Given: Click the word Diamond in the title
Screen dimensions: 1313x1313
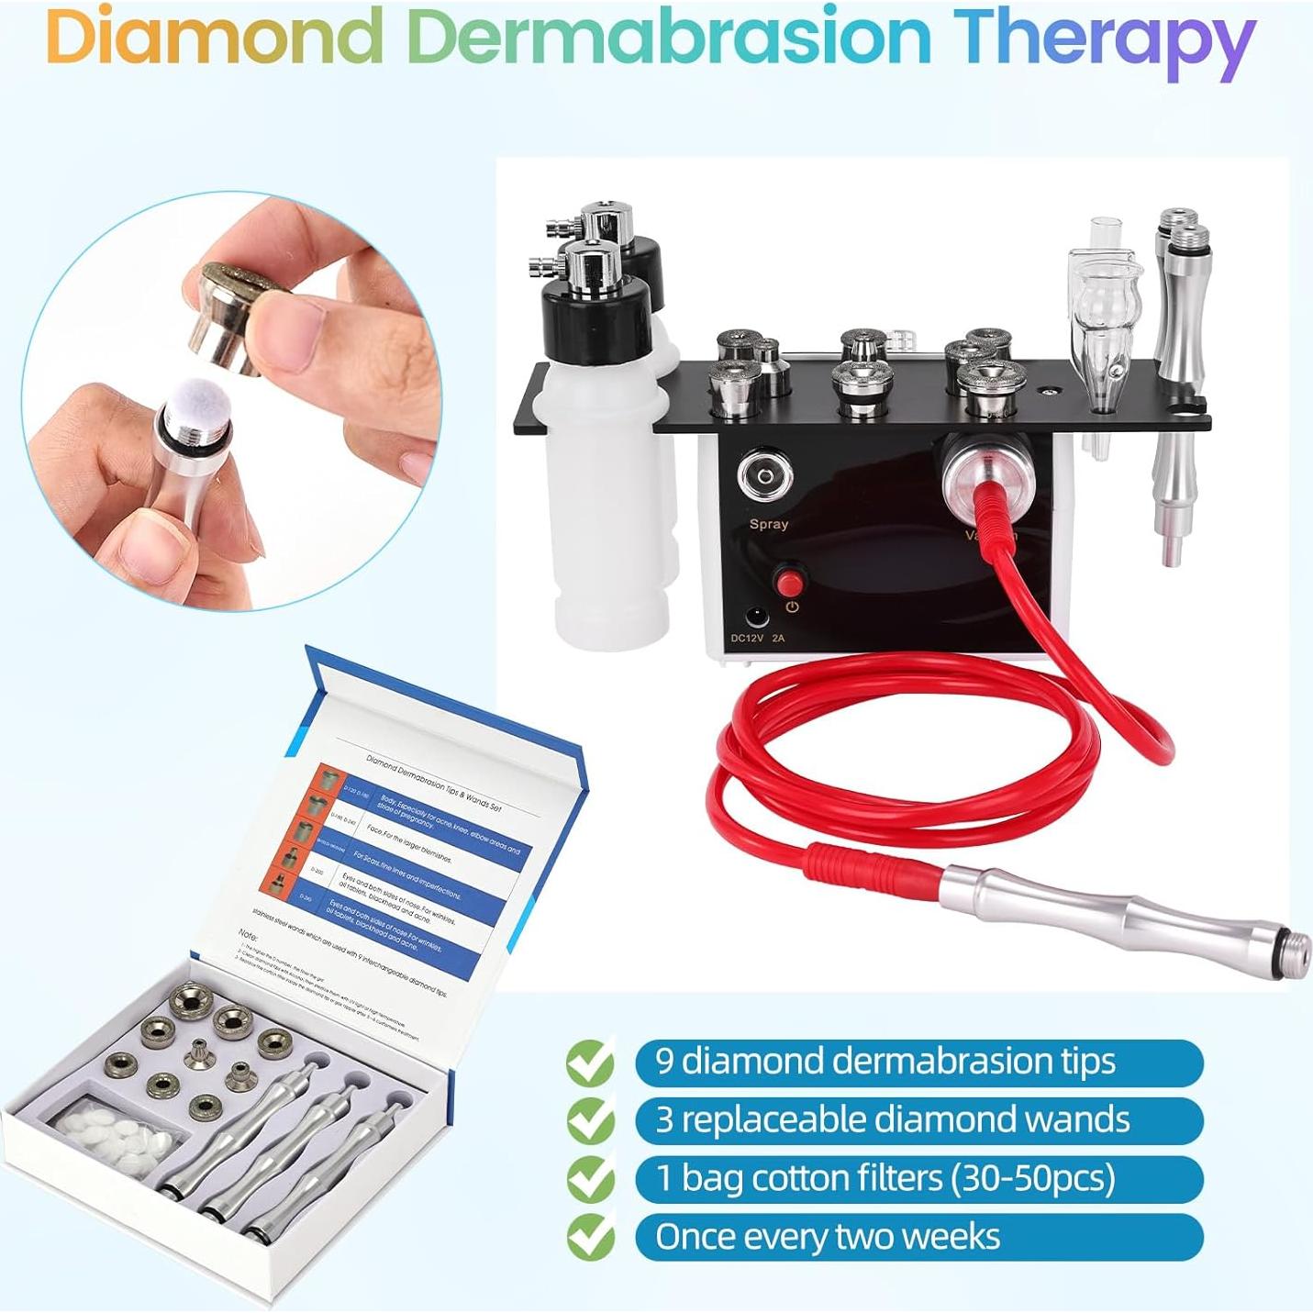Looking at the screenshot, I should [x=214, y=37].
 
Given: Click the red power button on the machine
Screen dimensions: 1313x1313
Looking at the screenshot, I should [x=788, y=583].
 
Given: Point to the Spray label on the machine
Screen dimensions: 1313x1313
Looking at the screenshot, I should [x=768, y=524].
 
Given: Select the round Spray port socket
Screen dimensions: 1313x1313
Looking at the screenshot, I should [x=764, y=478].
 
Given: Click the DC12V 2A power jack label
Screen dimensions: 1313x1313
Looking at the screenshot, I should [x=758, y=637].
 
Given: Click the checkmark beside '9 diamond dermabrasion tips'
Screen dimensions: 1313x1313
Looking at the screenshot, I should [x=590, y=1063].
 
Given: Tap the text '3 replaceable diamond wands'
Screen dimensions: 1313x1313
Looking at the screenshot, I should [x=892, y=1120].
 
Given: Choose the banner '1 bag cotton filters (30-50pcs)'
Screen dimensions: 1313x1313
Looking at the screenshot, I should [x=918, y=1179].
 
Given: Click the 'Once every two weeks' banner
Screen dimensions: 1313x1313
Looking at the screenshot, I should [x=918, y=1237].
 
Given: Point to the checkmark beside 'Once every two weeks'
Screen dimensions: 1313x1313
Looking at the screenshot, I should [x=590, y=1238].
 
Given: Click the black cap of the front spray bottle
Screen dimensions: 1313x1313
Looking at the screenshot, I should [x=596, y=315].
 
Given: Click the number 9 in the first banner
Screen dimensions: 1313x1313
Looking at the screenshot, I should [x=664, y=1062].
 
